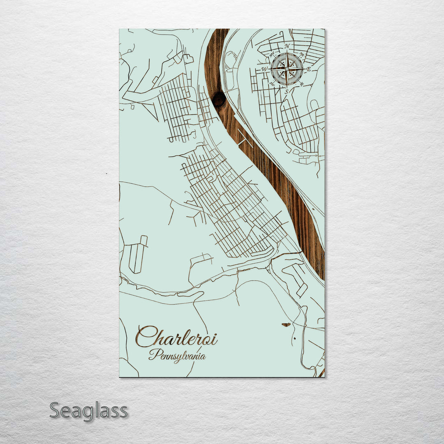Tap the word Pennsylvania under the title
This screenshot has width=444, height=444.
177,355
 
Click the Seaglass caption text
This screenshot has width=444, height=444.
88,411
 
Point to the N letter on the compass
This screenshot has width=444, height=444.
287,46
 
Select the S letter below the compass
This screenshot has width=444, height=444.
287,92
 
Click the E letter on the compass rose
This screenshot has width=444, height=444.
309,69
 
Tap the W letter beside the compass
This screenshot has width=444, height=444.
265,69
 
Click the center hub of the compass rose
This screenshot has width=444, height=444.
287,69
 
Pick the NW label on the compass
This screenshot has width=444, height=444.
272,54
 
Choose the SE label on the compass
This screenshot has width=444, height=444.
302,84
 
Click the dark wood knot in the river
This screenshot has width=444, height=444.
218,99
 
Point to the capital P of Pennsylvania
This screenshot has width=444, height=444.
153,354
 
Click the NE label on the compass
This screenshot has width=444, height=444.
302,54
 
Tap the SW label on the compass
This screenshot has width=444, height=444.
272,84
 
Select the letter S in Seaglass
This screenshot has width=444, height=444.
55,411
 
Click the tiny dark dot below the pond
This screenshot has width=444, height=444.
294,338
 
